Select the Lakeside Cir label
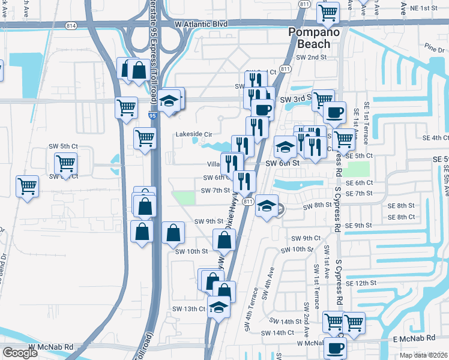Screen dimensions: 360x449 coord(193,134)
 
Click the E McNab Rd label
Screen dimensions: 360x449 coord(411,340)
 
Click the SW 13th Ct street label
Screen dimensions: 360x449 coord(191,309)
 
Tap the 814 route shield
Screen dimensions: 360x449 coord(71,26)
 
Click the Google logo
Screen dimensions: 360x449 coord(20,353)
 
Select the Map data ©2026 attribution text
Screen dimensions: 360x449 coord(424,355)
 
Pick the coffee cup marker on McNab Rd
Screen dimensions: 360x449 coord(335,347)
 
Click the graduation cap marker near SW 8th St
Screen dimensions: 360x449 coord(267,206)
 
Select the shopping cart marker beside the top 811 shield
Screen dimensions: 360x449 coord(328,11)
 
